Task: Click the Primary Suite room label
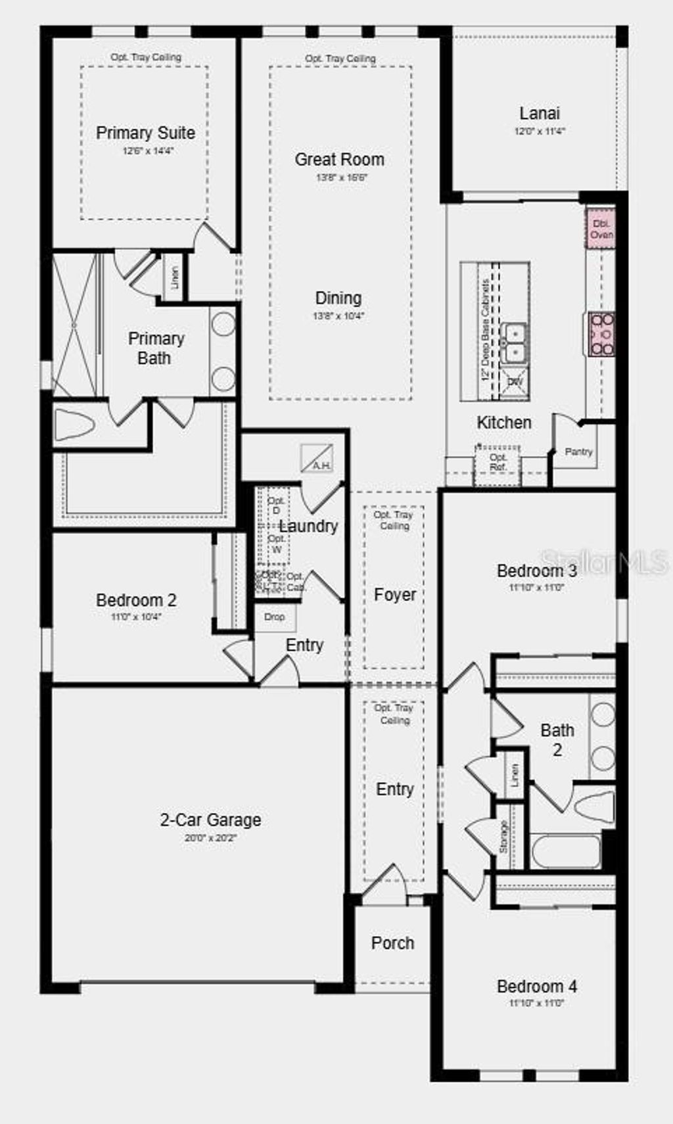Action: pyautogui.click(x=145, y=133)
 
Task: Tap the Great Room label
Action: pyautogui.click(x=339, y=159)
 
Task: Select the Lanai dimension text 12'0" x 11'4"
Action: pyautogui.click(x=539, y=131)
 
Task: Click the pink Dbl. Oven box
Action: pyautogui.click(x=601, y=229)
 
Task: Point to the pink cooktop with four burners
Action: pyautogui.click(x=601, y=335)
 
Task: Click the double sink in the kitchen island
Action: pyautogui.click(x=513, y=343)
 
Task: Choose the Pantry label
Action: pyautogui.click(x=578, y=452)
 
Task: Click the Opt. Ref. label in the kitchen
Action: pyautogui.click(x=498, y=461)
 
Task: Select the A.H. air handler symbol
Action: pyautogui.click(x=317, y=458)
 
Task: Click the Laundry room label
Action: pyautogui.click(x=308, y=526)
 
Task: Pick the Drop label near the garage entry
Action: pyautogui.click(x=275, y=617)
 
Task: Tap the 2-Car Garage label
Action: pyautogui.click(x=210, y=820)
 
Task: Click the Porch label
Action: pyautogui.click(x=392, y=943)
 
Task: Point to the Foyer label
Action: pyautogui.click(x=395, y=594)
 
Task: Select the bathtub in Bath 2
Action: pyautogui.click(x=566, y=852)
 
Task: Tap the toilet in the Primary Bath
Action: pyautogui.click(x=74, y=425)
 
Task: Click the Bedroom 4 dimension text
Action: pyautogui.click(x=537, y=1003)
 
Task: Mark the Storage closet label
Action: pyautogui.click(x=503, y=836)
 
